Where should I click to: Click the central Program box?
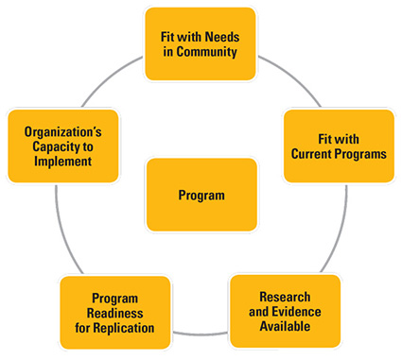[201, 195]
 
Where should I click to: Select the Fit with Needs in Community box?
[201, 43]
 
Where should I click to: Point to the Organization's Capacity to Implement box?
[58, 146]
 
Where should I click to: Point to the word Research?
[285, 298]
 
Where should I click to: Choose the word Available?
[285, 327]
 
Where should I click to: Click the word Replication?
[126, 327]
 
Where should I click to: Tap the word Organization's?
[58, 130]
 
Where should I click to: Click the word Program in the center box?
[201, 196]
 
